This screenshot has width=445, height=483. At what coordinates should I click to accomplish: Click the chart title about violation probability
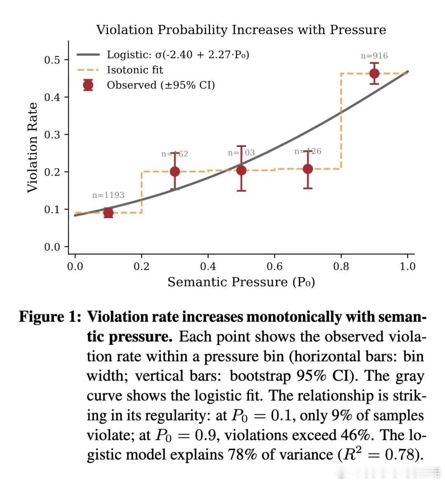(x=241, y=30)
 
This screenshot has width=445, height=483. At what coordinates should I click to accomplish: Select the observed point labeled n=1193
(x=108, y=213)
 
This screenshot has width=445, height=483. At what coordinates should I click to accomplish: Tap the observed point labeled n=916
(x=374, y=74)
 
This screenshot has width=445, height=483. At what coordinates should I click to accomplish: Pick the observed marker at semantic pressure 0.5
(x=241, y=170)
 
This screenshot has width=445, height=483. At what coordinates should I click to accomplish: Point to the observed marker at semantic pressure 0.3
(x=175, y=171)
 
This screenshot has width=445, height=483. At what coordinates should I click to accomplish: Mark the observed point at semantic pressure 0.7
(x=308, y=169)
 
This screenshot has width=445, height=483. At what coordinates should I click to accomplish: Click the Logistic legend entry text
(x=178, y=55)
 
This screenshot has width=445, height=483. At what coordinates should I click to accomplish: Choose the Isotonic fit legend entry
(x=135, y=70)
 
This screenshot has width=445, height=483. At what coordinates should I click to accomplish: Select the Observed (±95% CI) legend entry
(x=161, y=85)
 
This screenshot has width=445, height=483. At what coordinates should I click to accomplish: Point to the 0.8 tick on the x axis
(x=341, y=267)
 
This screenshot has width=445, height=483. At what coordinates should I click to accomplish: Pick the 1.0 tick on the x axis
(x=408, y=267)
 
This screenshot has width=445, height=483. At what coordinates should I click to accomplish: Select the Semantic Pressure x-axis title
(x=241, y=282)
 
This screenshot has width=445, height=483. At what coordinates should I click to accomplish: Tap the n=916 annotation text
(x=374, y=56)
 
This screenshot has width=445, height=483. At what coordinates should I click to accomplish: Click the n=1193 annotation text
(x=108, y=195)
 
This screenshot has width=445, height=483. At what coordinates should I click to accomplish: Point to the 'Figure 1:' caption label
(x=49, y=317)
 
